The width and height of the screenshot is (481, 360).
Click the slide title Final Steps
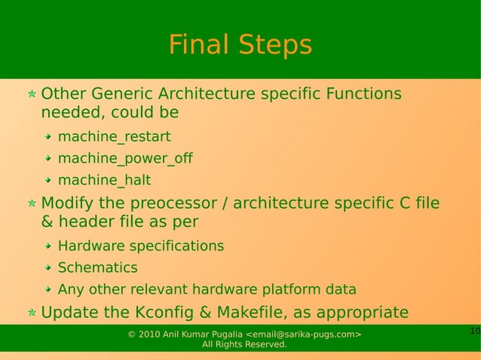coord(240,45)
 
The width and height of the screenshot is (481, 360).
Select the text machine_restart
coord(114,137)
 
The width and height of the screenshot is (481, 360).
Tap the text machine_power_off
coord(125,159)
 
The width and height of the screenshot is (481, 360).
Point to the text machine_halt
coord(104,181)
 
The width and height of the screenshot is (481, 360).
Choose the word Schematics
coord(97,268)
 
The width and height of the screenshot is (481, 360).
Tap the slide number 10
coord(474,331)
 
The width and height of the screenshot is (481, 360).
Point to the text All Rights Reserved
coord(244,345)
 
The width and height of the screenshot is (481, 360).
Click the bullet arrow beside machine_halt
coord(47,181)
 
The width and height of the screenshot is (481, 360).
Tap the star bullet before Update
coord(31,313)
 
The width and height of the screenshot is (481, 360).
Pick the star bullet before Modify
coord(31,205)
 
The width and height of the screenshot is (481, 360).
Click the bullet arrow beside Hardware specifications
coord(47,246)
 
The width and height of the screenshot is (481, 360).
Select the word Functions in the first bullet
coord(364,94)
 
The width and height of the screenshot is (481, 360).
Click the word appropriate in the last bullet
coord(364,313)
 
